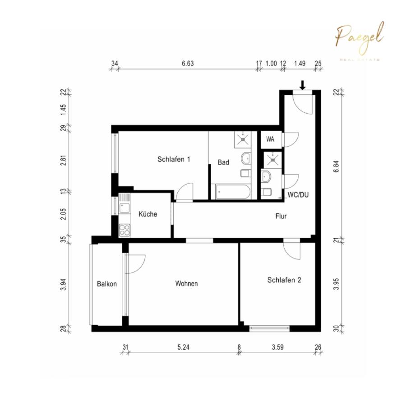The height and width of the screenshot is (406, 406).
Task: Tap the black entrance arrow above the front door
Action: click(303, 84)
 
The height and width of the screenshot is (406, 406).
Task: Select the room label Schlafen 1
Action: click(174, 159)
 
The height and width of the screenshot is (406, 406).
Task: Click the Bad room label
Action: click(223, 162)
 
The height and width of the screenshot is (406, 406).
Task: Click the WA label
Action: click(270, 139)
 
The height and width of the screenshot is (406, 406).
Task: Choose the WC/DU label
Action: click(298, 195)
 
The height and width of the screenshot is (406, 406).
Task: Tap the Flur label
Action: click(281, 216)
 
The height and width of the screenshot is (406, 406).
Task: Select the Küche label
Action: click(148, 214)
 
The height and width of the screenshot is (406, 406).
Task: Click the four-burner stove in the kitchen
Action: click(125, 230)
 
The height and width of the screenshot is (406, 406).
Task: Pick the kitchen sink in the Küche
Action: click(125, 208)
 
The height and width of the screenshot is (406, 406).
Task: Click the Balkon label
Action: click(107, 284)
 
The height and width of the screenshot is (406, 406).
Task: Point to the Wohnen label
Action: click(187, 284)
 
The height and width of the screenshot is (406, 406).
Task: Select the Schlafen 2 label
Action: click(284, 280)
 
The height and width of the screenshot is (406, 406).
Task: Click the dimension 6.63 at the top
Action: click(188, 64)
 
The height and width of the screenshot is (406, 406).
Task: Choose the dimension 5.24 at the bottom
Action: click(183, 347)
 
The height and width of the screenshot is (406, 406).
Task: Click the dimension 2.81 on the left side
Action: click(63, 161)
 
